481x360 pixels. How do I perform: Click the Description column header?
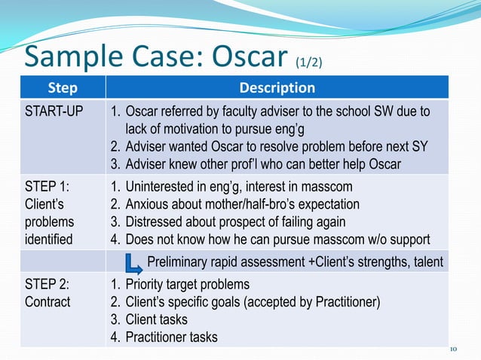pos(277,87)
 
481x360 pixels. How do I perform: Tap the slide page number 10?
pos(453,348)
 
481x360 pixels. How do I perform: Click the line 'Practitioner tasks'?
pos(171,337)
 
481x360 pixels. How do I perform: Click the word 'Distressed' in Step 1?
pos(154,222)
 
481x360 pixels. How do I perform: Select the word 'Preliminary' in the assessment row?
pos(177,261)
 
